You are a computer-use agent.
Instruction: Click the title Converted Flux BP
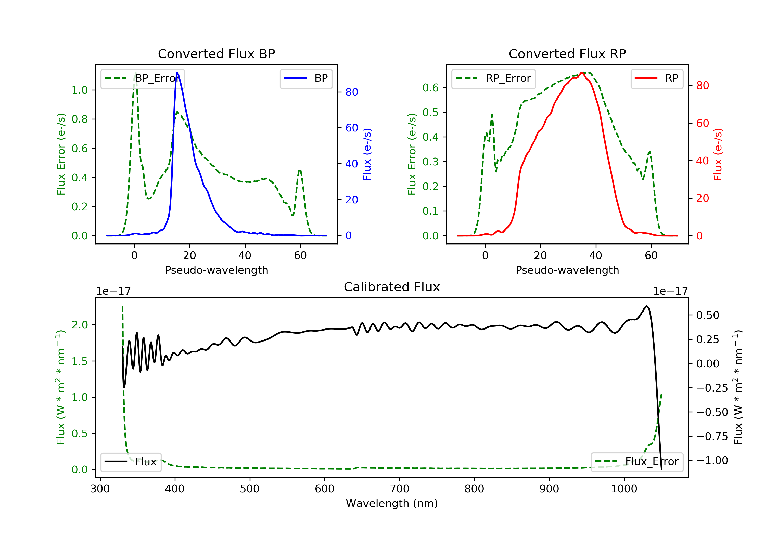(216, 54)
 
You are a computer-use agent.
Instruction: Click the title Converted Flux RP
(567, 54)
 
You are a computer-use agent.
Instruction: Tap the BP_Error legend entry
(143, 78)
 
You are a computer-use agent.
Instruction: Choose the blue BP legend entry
(306, 78)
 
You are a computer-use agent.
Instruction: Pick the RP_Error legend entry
(493, 78)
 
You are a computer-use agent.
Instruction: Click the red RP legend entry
(656, 78)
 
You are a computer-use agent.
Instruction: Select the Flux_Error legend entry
(637, 462)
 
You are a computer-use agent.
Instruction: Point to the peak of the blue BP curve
(177, 72)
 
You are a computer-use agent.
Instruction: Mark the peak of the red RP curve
(581, 73)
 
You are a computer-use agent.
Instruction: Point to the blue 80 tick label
(351, 92)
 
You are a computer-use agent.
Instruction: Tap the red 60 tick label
(703, 124)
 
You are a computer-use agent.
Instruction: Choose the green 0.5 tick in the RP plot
(430, 112)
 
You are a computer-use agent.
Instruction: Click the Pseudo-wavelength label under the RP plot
(567, 270)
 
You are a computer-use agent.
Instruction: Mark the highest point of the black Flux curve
(646, 306)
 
